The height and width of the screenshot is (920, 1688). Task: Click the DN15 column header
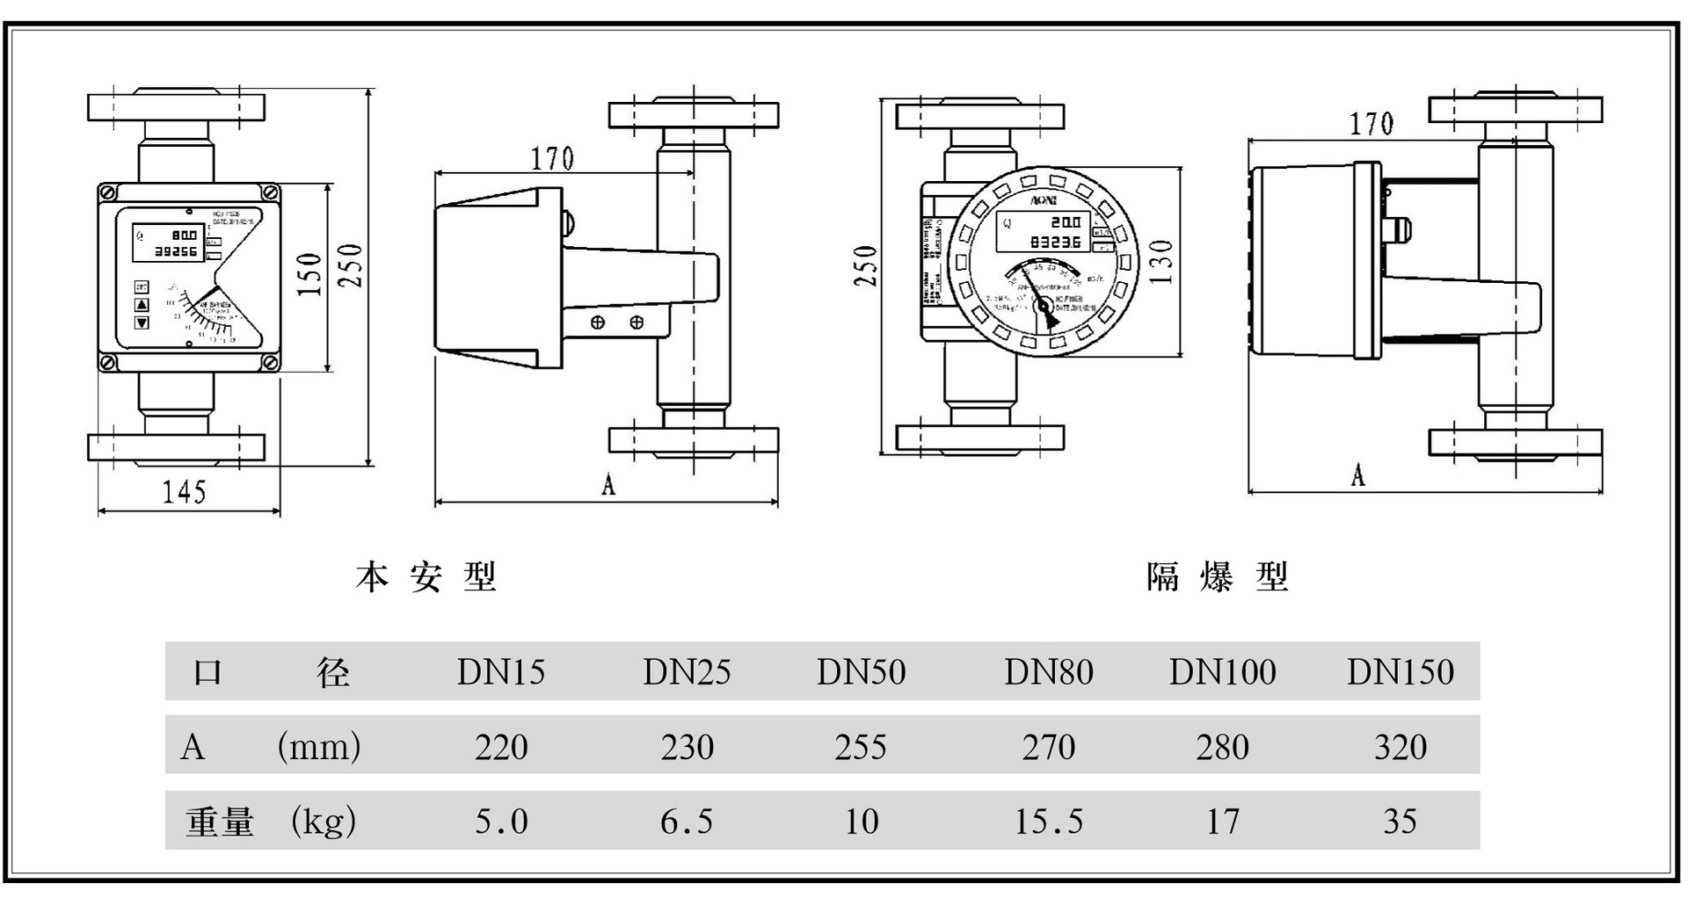500,672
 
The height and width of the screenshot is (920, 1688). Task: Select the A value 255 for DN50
861,747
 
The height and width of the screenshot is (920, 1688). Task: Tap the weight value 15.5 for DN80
1048,822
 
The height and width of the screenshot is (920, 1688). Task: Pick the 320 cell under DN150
1400,747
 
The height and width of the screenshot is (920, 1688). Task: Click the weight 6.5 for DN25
686,822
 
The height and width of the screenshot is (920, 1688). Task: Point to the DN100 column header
1222,672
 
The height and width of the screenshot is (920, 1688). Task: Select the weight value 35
1400,822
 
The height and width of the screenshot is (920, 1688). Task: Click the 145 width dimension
184,492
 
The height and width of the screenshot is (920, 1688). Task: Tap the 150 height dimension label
309,273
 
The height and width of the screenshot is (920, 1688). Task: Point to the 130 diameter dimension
1162,261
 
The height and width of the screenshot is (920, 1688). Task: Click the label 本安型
426,577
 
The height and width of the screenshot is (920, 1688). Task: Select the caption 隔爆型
1218,577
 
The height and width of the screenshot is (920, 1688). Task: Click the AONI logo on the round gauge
1043,201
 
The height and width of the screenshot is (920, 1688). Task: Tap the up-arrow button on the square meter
142,305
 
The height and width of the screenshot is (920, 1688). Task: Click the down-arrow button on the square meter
142,322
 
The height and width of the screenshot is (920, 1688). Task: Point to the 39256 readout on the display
176,251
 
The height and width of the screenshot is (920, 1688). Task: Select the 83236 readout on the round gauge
1056,241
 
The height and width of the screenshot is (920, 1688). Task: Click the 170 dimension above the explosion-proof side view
1371,125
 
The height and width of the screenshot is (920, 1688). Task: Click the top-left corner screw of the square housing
108,191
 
